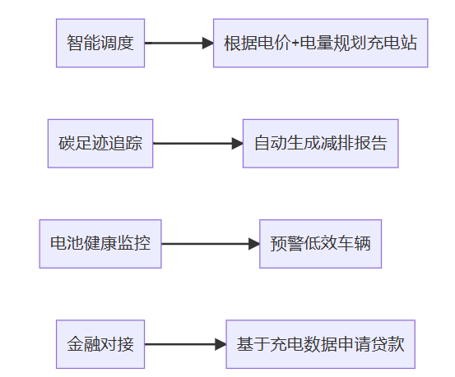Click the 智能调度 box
[100, 44]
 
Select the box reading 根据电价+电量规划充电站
[321, 44]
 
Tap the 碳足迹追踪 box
[100, 144]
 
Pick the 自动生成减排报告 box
[321, 144]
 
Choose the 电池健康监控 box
[100, 244]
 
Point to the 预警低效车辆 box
[321, 244]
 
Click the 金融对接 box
[100, 344]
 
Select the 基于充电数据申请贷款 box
[321, 344]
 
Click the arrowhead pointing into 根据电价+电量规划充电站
[208, 44]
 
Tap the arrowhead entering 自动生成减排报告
[238, 144]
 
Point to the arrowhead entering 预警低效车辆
[254, 244]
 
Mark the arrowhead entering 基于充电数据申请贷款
[221, 344]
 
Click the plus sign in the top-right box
[295, 44]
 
